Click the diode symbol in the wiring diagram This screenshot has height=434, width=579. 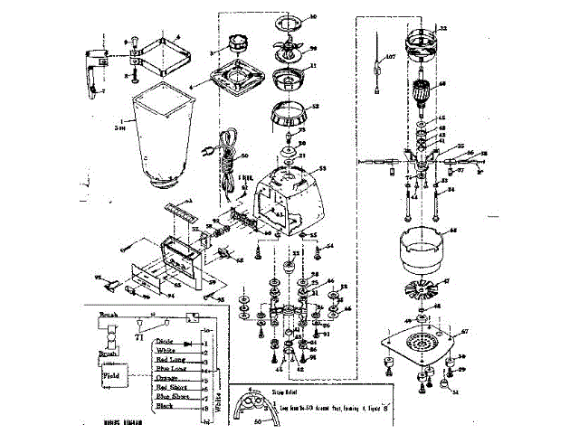coord(189,343)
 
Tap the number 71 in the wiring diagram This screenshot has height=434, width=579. coord(139,335)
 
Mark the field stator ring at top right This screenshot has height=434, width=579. coord(422,40)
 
